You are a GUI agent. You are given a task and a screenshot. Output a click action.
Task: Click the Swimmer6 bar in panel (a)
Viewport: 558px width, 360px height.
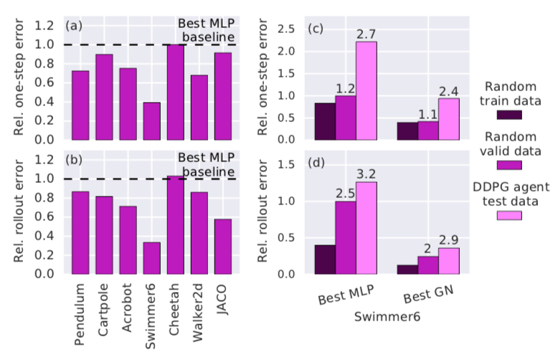(152, 120)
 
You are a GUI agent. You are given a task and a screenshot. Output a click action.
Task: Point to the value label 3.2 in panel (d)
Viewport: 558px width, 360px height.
(366, 174)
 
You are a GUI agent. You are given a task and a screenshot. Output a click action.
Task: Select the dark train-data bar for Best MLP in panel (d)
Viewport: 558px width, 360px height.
(326, 260)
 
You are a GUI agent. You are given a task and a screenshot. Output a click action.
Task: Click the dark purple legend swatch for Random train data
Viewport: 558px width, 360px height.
(509, 113)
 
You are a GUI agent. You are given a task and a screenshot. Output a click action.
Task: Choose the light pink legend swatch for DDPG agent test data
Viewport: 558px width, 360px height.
(509, 214)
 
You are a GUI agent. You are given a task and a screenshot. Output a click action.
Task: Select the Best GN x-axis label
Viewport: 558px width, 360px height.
(428, 295)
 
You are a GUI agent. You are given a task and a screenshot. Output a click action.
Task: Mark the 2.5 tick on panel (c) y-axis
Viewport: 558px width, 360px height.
(288, 29)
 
